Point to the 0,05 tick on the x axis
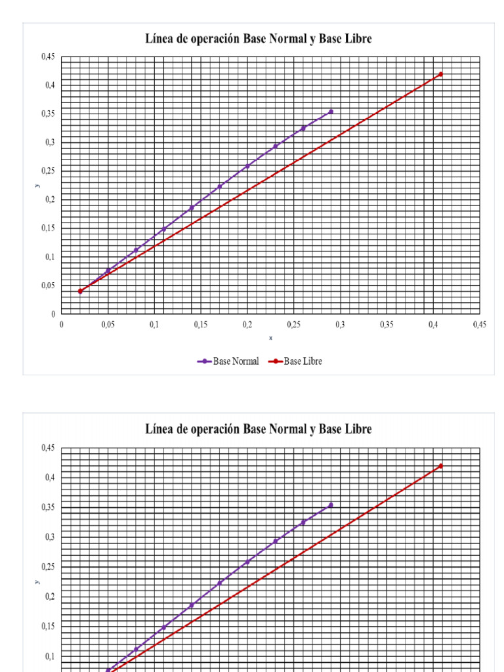coord(108,324)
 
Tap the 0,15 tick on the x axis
coord(201,324)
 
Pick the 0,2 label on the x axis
coord(247,324)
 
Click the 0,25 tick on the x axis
coord(293,324)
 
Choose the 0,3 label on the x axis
coord(340,324)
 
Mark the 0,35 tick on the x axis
coord(387,324)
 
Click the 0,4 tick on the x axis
coord(433,324)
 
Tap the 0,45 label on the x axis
coord(479,324)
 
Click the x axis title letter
coord(270,338)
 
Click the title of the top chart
coord(259,39)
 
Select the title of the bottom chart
coord(259,429)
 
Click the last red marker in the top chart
coord(440,74)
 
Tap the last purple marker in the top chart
coord(331,112)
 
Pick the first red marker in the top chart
coord(80,291)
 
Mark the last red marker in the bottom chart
coord(440,466)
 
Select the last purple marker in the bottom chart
coord(331,505)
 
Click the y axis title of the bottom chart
coord(37,581)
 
